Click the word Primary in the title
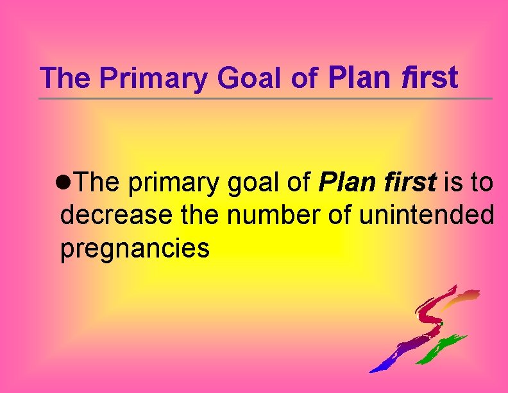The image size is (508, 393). point(154,78)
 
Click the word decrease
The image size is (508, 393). point(116,216)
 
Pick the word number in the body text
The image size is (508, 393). point(273,216)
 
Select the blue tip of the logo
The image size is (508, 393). point(377,367)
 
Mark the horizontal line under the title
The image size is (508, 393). point(266,98)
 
